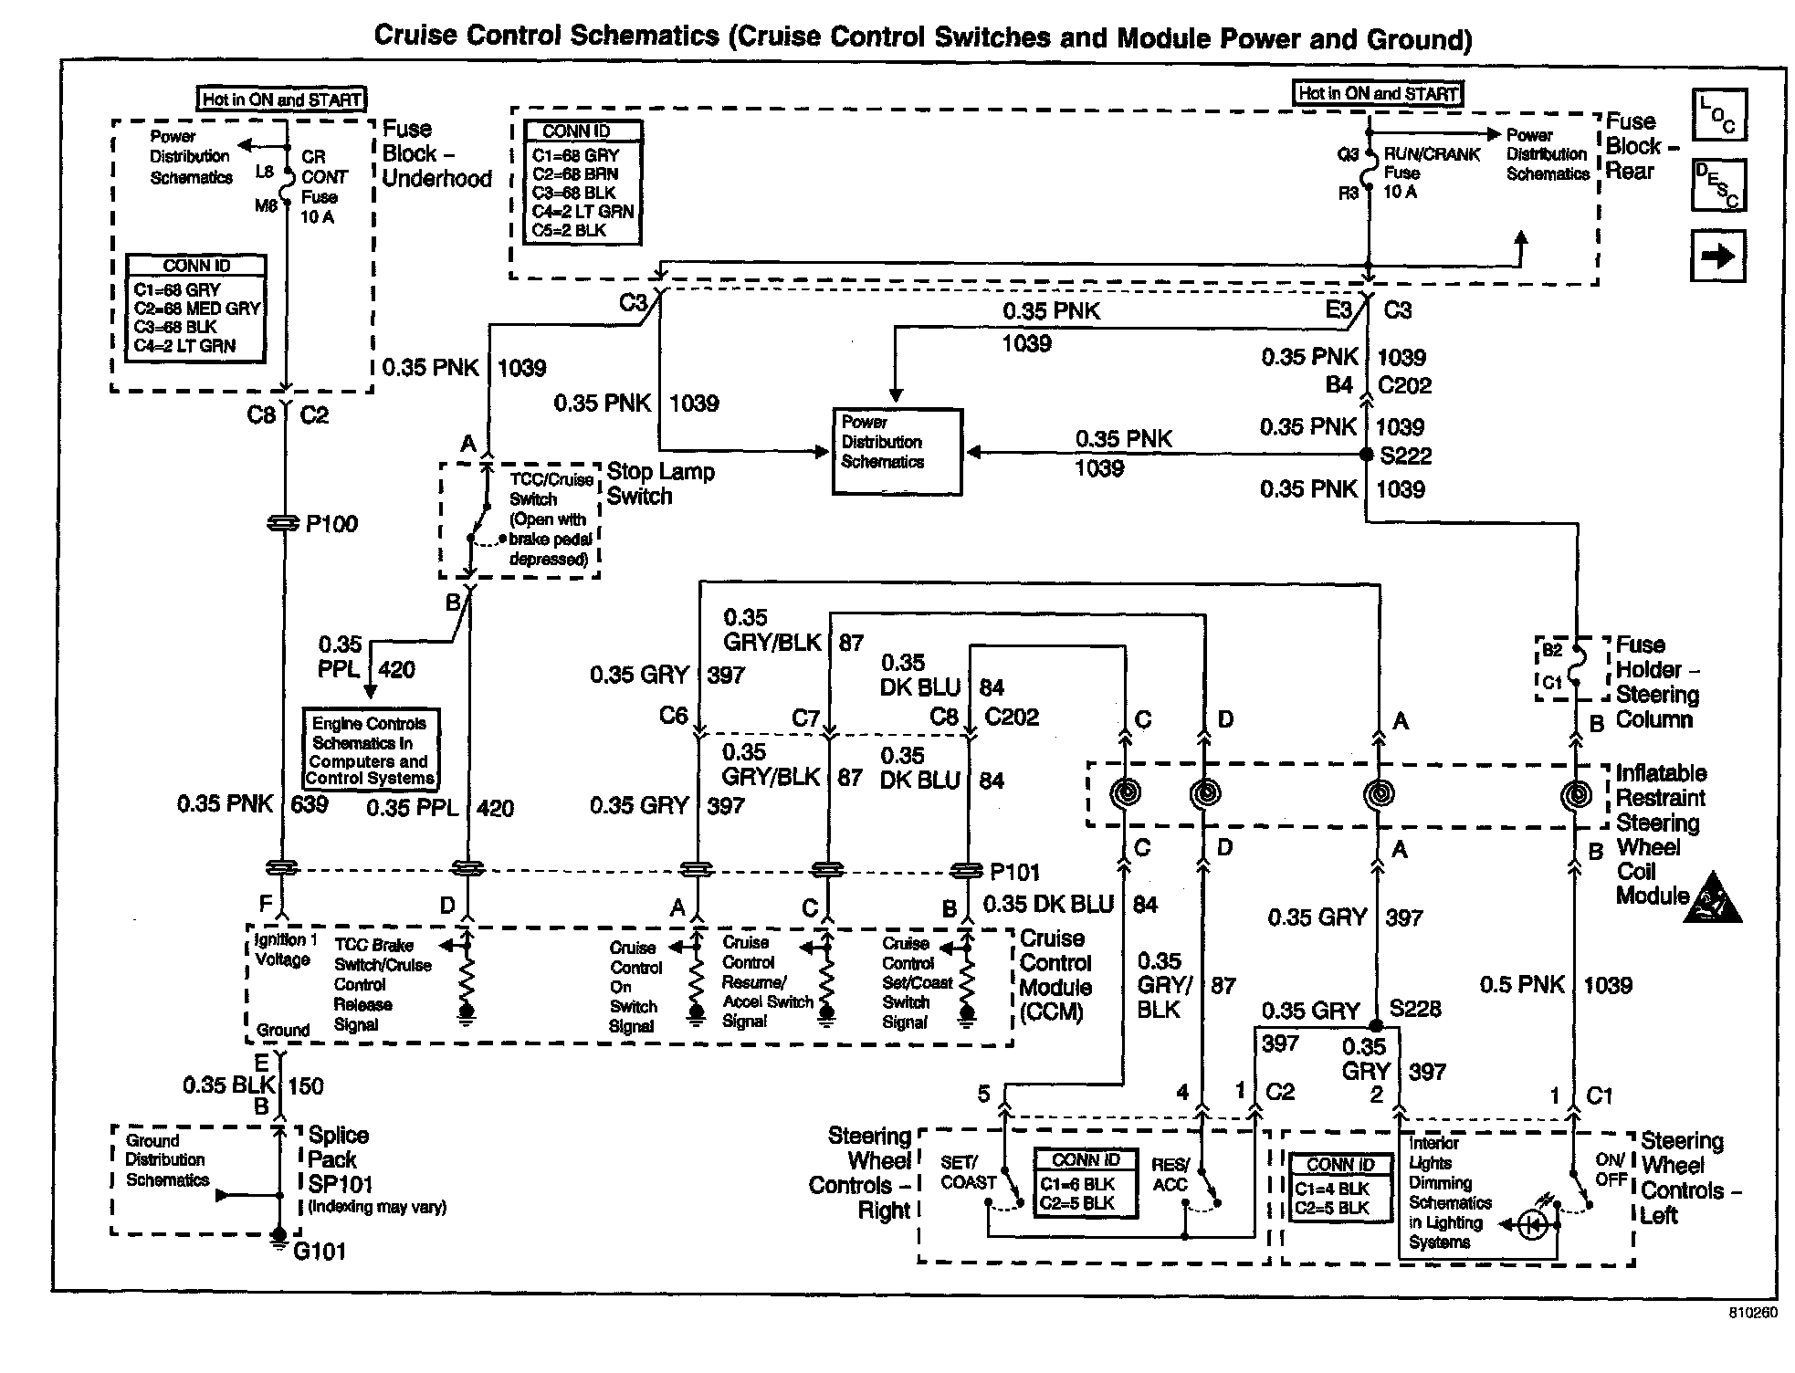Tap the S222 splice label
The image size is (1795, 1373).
click(x=1405, y=456)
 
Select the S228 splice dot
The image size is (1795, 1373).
click(x=1376, y=1025)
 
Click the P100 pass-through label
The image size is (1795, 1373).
click(x=331, y=524)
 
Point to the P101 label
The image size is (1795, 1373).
click(x=1014, y=873)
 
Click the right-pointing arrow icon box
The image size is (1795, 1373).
click(x=1717, y=257)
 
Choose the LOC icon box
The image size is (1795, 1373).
click(x=1717, y=115)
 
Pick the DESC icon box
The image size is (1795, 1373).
click(x=1717, y=185)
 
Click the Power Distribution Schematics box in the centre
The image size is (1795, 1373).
click(x=896, y=451)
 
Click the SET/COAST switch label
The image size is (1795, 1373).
click(x=968, y=1173)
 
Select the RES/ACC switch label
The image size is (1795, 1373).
click(x=1170, y=1175)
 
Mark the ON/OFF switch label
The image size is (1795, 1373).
click(x=1611, y=1169)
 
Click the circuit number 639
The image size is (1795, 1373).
click(x=309, y=804)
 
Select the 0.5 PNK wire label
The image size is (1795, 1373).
click(x=1522, y=985)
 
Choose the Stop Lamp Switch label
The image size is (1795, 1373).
click(x=660, y=484)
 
